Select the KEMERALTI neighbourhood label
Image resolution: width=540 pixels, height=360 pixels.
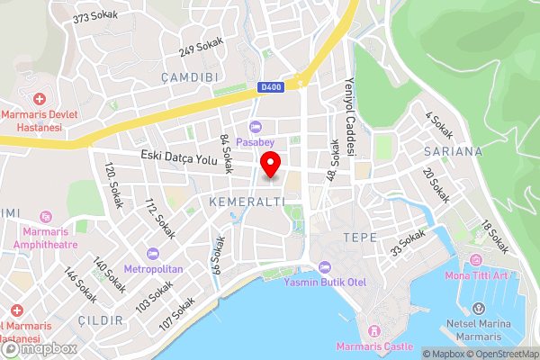tap(247, 202)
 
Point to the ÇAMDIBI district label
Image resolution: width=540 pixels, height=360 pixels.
tap(191, 77)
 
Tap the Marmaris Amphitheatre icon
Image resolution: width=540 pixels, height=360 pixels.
tap(46, 217)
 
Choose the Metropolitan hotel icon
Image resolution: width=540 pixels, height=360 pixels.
tap(153, 254)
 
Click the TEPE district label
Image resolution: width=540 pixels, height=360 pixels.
tap(359, 237)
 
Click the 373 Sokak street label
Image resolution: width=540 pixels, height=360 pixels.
tap(95, 18)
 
